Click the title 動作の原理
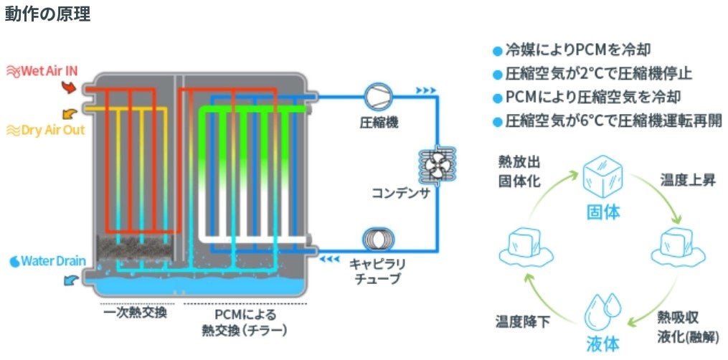click(47, 14)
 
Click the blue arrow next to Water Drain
click(71, 281)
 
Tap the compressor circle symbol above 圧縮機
click(376, 95)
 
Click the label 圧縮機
click(378, 123)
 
